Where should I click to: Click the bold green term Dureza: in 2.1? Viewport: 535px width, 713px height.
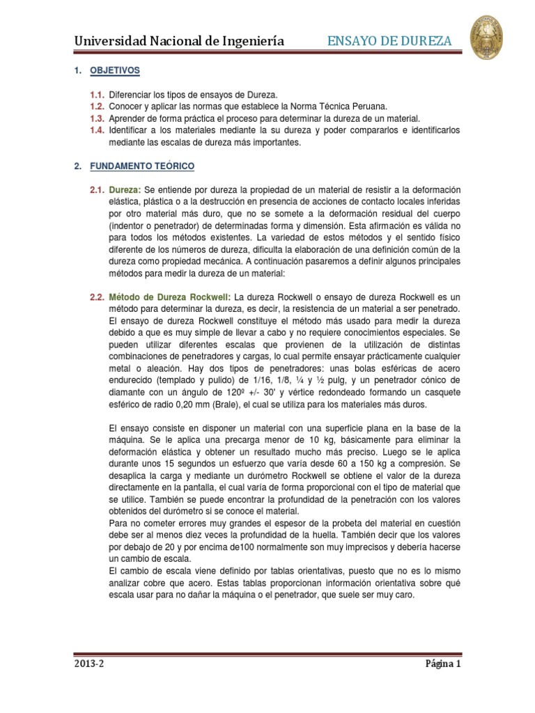coord(125,191)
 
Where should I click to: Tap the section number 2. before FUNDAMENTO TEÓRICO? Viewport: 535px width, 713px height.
coord(77,166)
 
